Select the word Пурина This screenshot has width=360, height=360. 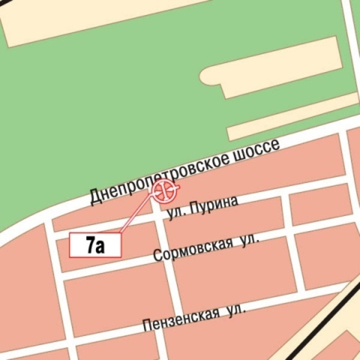(215, 206)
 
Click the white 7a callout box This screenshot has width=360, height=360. (95, 245)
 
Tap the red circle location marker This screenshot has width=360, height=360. (165, 190)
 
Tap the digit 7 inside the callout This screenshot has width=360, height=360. (90, 245)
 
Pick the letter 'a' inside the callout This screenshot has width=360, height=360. (101, 246)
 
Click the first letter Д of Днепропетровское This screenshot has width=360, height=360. (95, 196)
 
